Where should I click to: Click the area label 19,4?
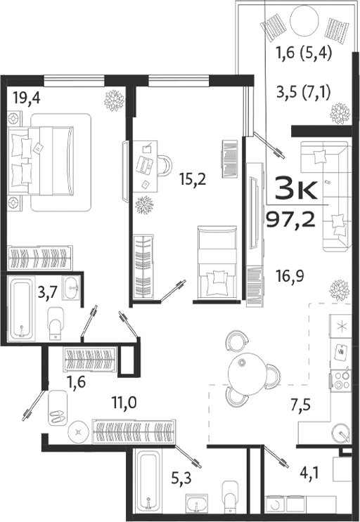(27, 97)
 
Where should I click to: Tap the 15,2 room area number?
(191, 178)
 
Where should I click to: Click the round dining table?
(251, 370)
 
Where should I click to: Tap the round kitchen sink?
(341, 431)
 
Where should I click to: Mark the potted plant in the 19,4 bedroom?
(114, 100)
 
